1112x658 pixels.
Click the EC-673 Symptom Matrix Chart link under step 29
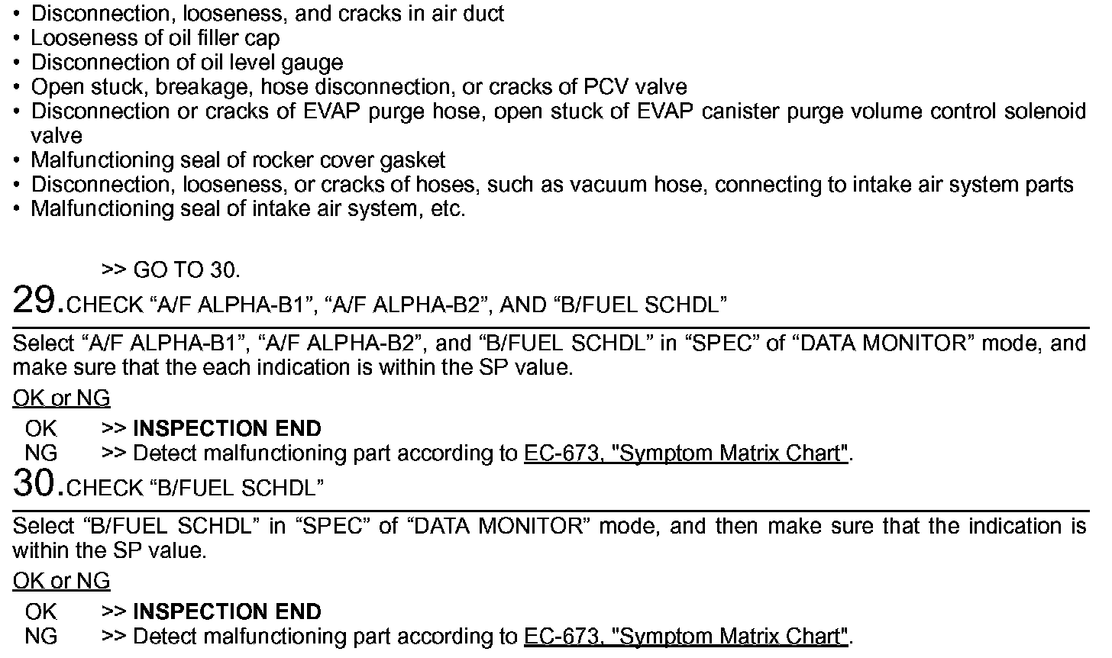686,453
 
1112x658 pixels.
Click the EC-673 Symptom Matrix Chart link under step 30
686,637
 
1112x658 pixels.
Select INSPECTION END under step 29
227,429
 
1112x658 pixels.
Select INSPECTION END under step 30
227,612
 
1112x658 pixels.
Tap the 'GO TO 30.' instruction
186,270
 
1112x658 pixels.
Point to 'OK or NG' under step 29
61,398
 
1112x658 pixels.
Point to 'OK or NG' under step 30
61,582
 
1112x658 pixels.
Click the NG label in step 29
40,453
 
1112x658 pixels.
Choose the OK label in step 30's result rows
40,612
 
